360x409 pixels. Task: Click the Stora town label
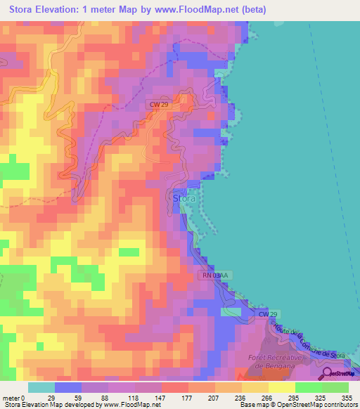[x=184, y=199]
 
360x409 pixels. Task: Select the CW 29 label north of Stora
[x=158, y=104]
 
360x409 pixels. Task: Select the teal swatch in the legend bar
[x=41, y=387]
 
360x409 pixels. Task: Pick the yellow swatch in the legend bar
[x=281, y=387]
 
